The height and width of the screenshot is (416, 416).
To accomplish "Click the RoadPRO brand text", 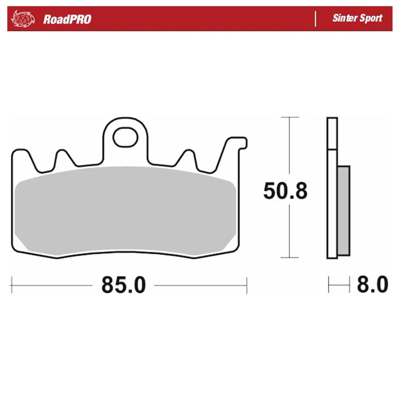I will (67, 19).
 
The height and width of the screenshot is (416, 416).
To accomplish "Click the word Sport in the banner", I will (371, 18).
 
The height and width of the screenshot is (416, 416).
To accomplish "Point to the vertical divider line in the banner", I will (316, 19).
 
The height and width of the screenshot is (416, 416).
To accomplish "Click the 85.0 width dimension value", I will (124, 285).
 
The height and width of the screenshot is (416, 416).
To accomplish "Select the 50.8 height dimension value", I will (285, 192).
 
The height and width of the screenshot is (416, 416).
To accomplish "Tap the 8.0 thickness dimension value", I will (372, 285).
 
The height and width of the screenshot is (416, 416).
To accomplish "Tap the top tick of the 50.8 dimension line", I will (290, 118).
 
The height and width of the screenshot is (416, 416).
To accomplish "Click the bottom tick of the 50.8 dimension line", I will (290, 258).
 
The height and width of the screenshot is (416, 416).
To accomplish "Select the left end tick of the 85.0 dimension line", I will (12, 285).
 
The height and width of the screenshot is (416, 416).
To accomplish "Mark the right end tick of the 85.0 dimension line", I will (247, 285).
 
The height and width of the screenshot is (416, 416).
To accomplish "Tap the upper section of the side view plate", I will (332, 133).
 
